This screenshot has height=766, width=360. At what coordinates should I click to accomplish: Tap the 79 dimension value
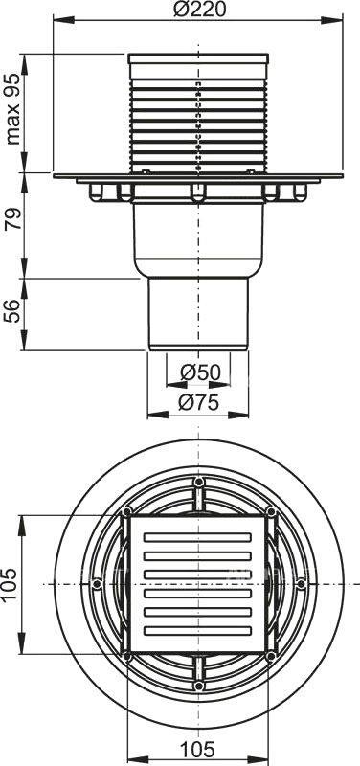(x=13, y=226)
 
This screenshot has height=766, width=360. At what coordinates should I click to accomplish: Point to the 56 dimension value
(x=13, y=312)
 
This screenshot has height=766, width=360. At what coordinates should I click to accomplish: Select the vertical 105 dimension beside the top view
(x=12, y=583)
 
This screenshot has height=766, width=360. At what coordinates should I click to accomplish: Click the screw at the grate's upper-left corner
(x=126, y=512)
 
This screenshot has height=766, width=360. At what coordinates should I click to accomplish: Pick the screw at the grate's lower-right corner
(x=271, y=655)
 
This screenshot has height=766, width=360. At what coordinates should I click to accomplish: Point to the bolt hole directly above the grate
(x=198, y=482)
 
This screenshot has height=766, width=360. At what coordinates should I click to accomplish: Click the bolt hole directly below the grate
(x=198, y=686)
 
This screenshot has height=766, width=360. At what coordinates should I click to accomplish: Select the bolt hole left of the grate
(x=98, y=583)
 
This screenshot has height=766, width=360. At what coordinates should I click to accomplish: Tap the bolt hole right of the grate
(x=301, y=583)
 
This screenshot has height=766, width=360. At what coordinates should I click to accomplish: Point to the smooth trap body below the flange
(x=198, y=239)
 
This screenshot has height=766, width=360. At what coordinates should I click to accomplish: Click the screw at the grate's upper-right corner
(x=271, y=512)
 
